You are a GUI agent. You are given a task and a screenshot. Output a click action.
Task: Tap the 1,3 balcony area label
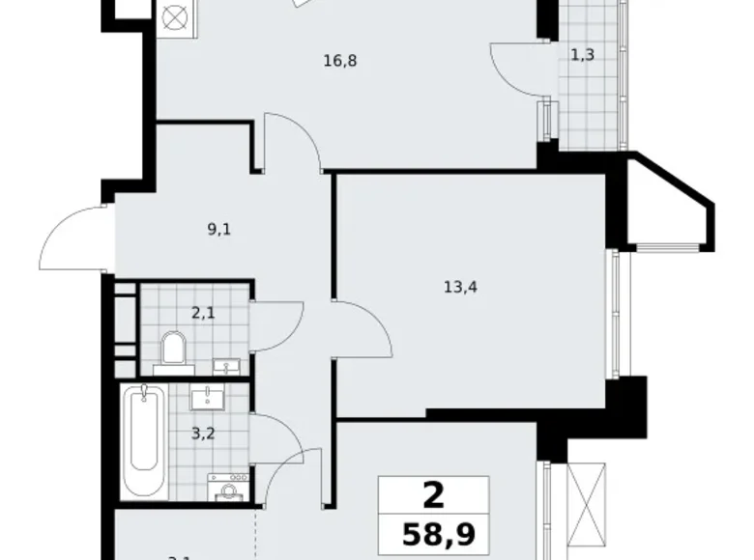582,55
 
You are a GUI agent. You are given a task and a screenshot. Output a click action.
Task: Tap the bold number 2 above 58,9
434,495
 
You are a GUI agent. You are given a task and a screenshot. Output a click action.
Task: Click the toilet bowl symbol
175,349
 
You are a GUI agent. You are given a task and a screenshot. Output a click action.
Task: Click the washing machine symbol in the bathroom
228,490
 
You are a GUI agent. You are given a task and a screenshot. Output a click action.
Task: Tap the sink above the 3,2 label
207,398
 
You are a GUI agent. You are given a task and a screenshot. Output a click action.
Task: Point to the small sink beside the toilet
229,366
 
